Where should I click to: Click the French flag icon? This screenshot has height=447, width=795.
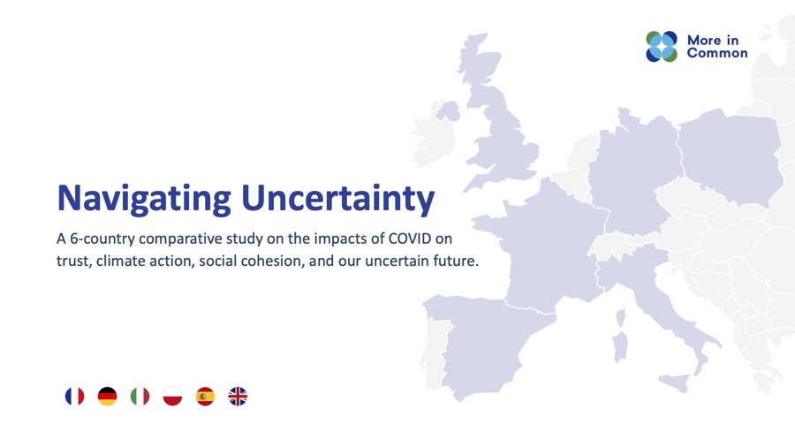pos(74,397)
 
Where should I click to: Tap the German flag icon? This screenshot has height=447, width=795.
pos(108,397)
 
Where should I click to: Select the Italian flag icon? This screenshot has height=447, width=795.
pos(140,397)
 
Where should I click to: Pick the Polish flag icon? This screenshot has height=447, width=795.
pos(173,397)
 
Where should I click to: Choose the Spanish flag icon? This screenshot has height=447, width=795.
pos(205,397)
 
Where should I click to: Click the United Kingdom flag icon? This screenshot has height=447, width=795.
pos(238,397)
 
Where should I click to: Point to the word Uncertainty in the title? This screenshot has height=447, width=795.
pos(338,198)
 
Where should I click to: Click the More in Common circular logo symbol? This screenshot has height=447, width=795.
pos(662,47)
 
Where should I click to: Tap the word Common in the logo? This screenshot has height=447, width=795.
pos(717,53)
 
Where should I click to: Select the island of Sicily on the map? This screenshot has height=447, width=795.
pos(676,383)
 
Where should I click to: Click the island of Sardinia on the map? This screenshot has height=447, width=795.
pos(620,346)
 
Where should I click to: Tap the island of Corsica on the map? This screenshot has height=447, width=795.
pos(620,318)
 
